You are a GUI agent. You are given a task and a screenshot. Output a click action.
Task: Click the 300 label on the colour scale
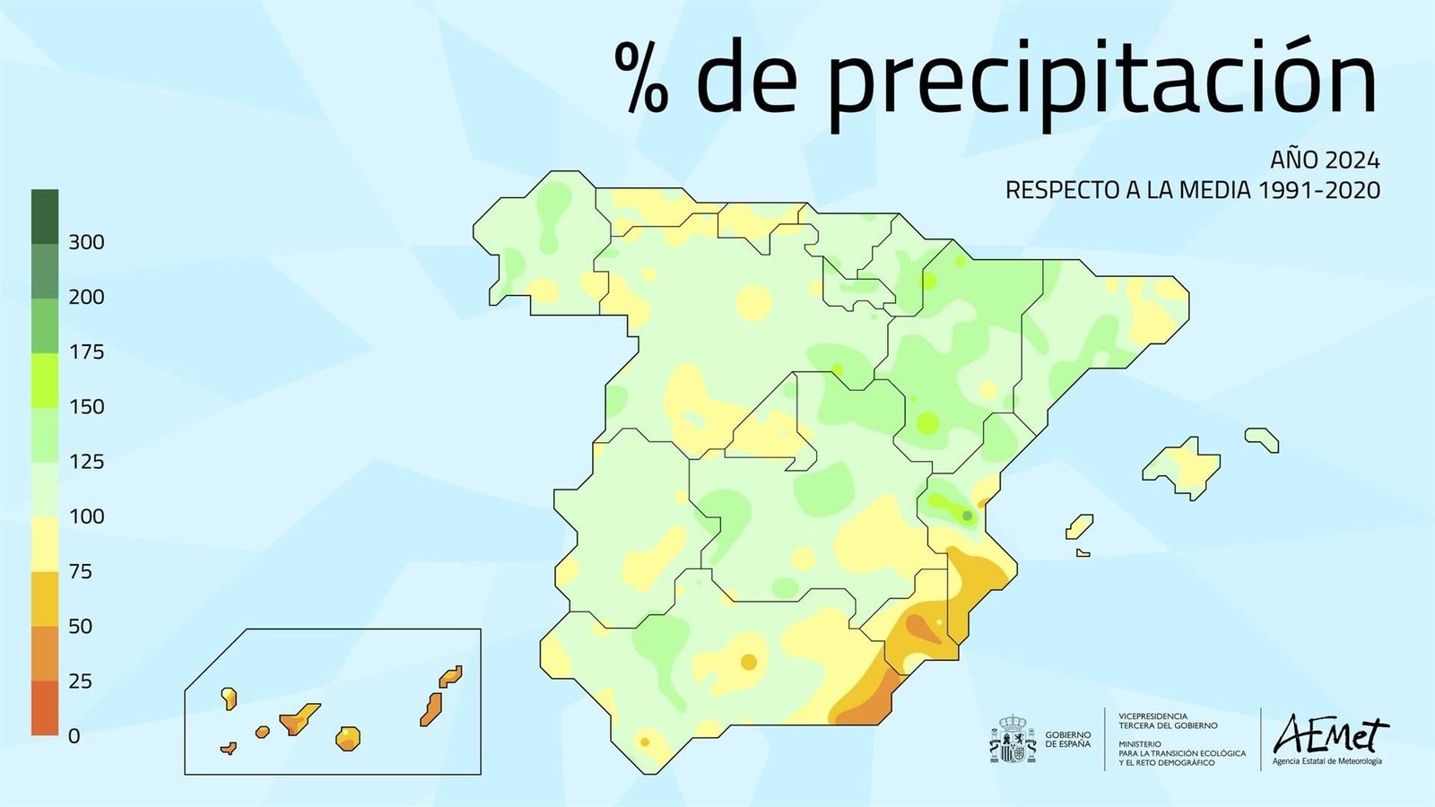point(86,242)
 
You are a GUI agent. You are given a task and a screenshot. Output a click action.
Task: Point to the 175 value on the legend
point(86,351)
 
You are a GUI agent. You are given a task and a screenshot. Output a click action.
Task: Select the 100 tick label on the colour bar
point(86,516)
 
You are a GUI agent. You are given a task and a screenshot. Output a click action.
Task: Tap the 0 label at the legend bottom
point(74,736)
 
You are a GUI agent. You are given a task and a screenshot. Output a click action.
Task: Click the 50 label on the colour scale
point(81,626)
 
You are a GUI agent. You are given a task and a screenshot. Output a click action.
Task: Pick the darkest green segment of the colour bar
point(45,216)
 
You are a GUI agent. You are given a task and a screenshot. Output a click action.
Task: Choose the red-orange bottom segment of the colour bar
point(45,707)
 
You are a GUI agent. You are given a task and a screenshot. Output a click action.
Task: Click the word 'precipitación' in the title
point(1101,81)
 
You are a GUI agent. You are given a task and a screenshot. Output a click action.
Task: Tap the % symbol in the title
point(642,79)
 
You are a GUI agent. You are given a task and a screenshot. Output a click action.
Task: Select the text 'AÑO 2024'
point(1325,161)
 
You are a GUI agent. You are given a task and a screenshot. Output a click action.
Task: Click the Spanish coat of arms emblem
point(1013,740)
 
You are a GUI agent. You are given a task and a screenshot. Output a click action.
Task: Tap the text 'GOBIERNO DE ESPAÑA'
point(1068,740)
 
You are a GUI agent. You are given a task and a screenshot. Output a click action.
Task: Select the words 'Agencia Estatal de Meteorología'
point(1327,762)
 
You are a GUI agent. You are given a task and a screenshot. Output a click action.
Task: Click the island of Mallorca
point(1182,466)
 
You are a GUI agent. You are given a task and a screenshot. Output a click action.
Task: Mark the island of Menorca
point(1262,438)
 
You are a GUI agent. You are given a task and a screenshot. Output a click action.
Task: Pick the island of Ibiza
point(1079,526)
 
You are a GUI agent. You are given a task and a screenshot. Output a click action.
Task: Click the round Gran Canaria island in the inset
point(348,738)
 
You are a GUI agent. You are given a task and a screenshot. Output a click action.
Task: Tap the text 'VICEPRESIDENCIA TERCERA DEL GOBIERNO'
point(1168,721)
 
